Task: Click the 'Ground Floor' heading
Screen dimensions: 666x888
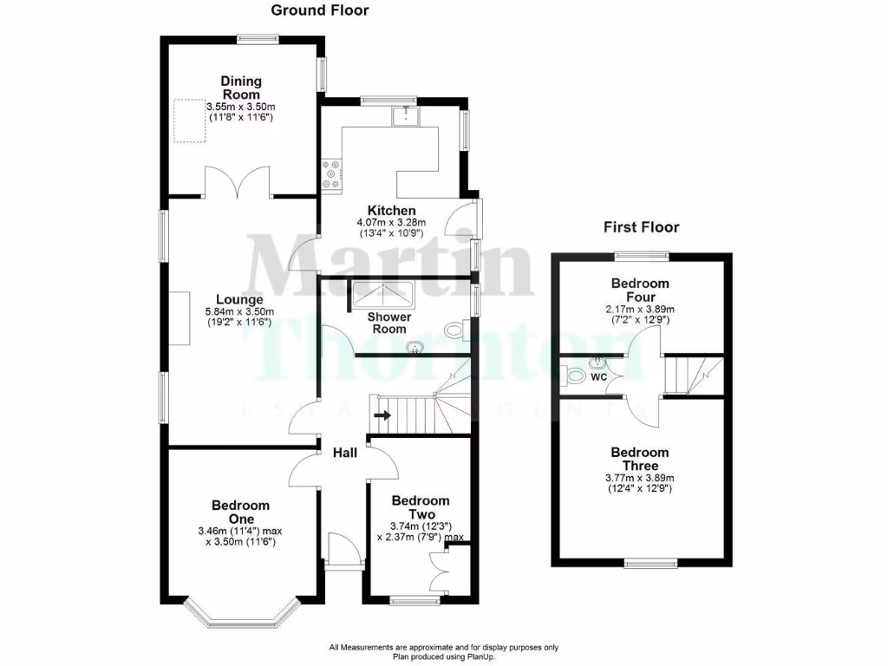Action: coord(320,10)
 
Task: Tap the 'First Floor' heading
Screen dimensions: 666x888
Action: coord(641,227)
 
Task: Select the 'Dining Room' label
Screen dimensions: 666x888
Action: coord(241,88)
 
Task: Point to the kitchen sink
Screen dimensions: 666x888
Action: coord(404,115)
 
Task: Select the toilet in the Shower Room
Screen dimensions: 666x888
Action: coord(456,329)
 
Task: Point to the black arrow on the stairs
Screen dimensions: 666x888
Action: coord(382,415)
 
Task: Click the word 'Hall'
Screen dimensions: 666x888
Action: coord(345,453)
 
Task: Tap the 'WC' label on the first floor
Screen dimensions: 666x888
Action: coord(598,378)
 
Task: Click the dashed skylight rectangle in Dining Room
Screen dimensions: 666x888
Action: coord(189,121)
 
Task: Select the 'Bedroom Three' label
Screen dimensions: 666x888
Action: coord(640,459)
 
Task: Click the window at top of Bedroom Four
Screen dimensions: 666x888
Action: coord(643,255)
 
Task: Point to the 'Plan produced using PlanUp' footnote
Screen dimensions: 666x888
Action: coord(443,656)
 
